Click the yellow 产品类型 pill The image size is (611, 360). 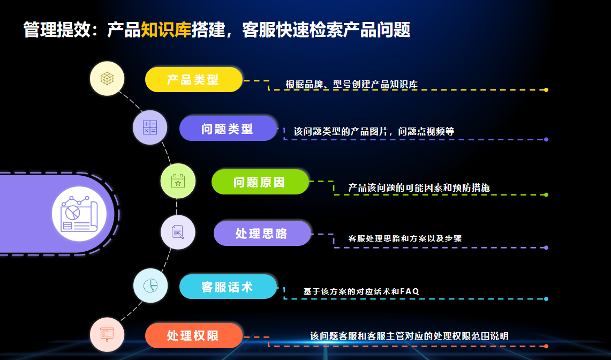click(194, 80)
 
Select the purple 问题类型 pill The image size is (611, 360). click(228, 129)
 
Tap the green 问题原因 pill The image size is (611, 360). click(260, 182)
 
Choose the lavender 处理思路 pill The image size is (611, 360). click(262, 233)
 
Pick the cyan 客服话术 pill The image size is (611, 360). click(228, 287)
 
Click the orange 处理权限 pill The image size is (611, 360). click(194, 335)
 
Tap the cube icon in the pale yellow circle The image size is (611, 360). click(107, 78)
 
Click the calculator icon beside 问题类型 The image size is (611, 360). click(150, 127)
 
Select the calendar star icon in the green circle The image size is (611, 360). click(178, 181)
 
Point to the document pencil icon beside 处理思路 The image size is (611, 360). click(178, 232)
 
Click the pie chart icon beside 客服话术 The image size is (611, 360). click(150, 286)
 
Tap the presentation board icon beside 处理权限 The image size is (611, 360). click(107, 334)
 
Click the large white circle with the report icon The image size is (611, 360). click(79, 214)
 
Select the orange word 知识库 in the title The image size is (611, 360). click(166, 30)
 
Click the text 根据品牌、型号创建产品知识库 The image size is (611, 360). click(351, 84)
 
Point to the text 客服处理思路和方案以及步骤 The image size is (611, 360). click(405, 238)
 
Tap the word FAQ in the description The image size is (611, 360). click(410, 291)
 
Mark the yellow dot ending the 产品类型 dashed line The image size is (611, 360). click(546, 89)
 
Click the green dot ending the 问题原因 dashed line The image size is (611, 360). click(546, 194)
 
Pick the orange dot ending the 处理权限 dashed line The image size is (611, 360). click(546, 346)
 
